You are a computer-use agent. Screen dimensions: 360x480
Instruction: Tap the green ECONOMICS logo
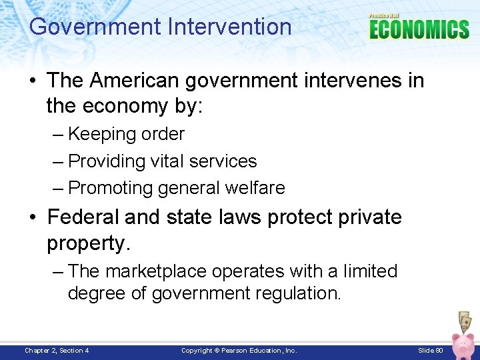point(419,29)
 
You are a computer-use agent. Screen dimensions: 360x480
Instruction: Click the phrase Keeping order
point(126,134)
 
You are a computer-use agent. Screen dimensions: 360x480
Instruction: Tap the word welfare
point(257,189)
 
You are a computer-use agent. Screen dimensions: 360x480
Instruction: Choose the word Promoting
point(111,189)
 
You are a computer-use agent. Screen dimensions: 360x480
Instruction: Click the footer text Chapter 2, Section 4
point(57,351)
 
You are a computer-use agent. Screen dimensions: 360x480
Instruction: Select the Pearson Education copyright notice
point(239,351)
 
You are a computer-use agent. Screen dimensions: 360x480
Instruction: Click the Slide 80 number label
point(430,351)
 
